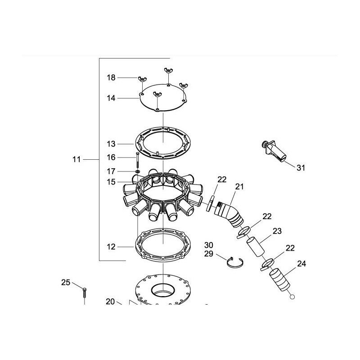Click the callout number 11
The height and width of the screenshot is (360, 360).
point(76,159)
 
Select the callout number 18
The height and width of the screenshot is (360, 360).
point(111,77)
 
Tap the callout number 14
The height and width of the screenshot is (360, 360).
point(111,98)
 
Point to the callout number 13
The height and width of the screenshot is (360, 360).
point(111,144)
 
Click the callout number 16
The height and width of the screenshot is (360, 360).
point(111,157)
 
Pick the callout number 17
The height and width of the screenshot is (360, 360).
point(111,171)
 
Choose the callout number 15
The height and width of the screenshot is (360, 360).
point(111,182)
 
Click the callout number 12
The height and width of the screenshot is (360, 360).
point(111,247)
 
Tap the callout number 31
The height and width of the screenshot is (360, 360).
point(301,168)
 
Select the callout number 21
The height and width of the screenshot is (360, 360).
point(239,187)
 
